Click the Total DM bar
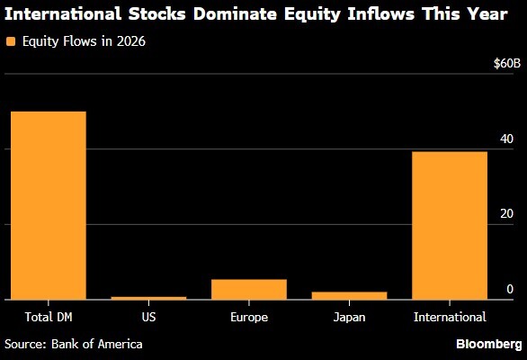click(x=49, y=205)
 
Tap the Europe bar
click(x=248, y=289)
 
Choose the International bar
click(x=449, y=225)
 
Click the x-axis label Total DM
click(x=49, y=317)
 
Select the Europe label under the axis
click(x=248, y=317)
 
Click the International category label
click(x=449, y=317)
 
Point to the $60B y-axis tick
click(x=506, y=64)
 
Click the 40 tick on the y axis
click(x=507, y=139)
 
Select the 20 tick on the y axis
click(x=507, y=214)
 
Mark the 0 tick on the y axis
click(x=510, y=289)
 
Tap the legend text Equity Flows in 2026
click(x=82, y=40)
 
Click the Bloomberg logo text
click(x=488, y=344)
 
